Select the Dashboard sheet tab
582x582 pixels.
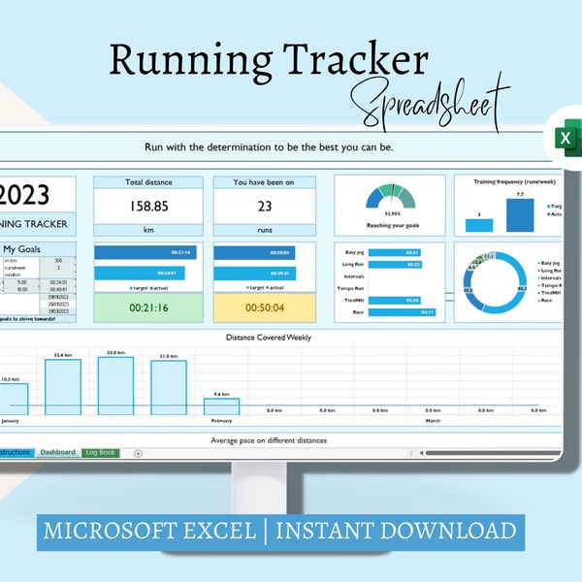(57, 452)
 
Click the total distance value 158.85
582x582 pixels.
(148, 206)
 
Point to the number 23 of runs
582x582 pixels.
(264, 206)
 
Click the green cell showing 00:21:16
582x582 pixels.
(148, 307)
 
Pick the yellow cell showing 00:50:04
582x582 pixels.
(264, 307)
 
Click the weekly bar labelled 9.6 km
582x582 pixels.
(220, 407)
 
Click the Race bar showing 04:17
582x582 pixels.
(396, 312)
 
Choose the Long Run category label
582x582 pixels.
(353, 264)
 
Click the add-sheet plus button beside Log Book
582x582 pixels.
(138, 453)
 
